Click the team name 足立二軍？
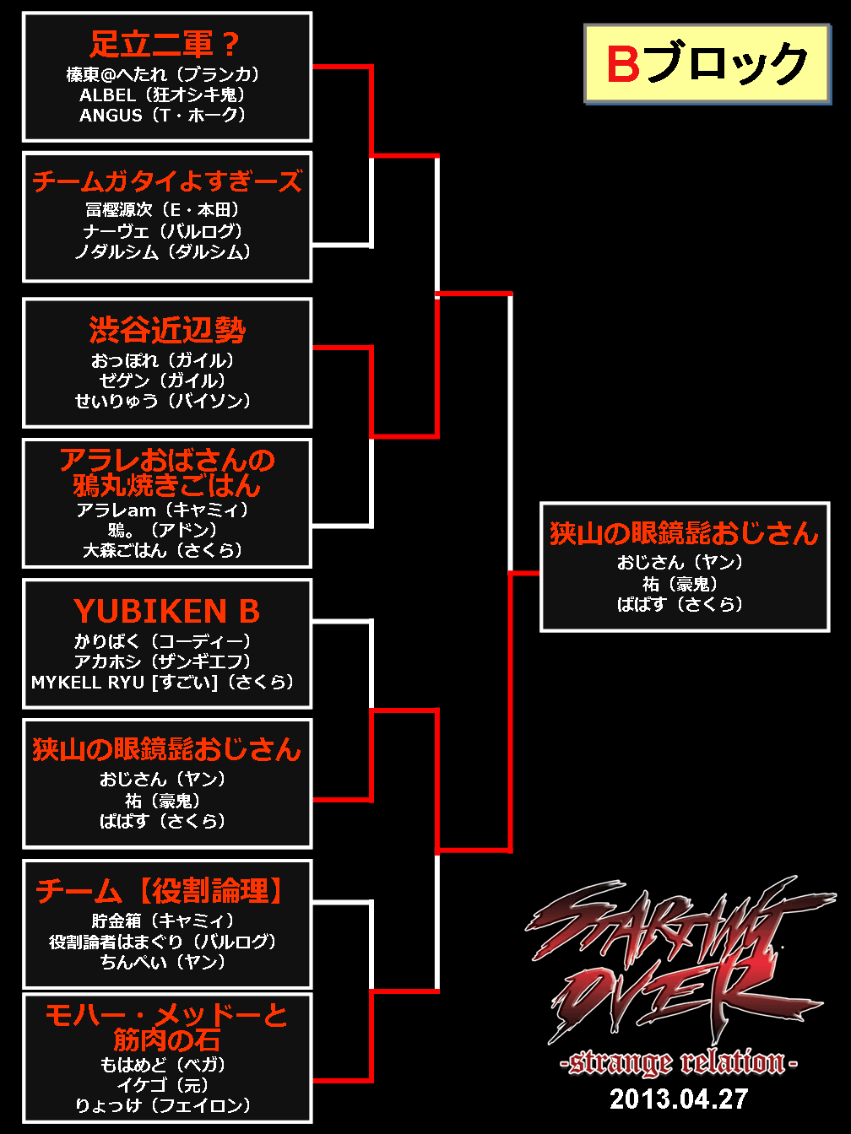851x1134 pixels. tap(166, 43)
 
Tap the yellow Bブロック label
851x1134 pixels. tap(707, 64)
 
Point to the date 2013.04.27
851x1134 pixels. tap(679, 1099)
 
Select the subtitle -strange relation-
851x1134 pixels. tap(679, 1062)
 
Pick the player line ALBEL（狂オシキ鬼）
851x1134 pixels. tap(163, 94)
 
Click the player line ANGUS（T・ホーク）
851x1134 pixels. tap(163, 115)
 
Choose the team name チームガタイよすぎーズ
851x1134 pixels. tap(166, 181)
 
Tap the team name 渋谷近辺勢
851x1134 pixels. tap(166, 329)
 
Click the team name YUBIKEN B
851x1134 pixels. tap(166, 611)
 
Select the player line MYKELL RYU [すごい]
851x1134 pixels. tap(163, 682)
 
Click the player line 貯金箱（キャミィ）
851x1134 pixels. tap(163, 921)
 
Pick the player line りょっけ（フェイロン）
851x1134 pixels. tap(163, 1105)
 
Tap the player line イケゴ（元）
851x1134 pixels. tap(163, 1085)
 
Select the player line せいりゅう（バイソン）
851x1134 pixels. tap(163, 401)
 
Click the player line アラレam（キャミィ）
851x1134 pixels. tap(163, 510)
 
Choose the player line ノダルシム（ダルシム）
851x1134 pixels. tap(163, 251)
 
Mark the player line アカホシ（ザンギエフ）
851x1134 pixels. tap(163, 661)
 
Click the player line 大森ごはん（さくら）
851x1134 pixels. tap(163, 550)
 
